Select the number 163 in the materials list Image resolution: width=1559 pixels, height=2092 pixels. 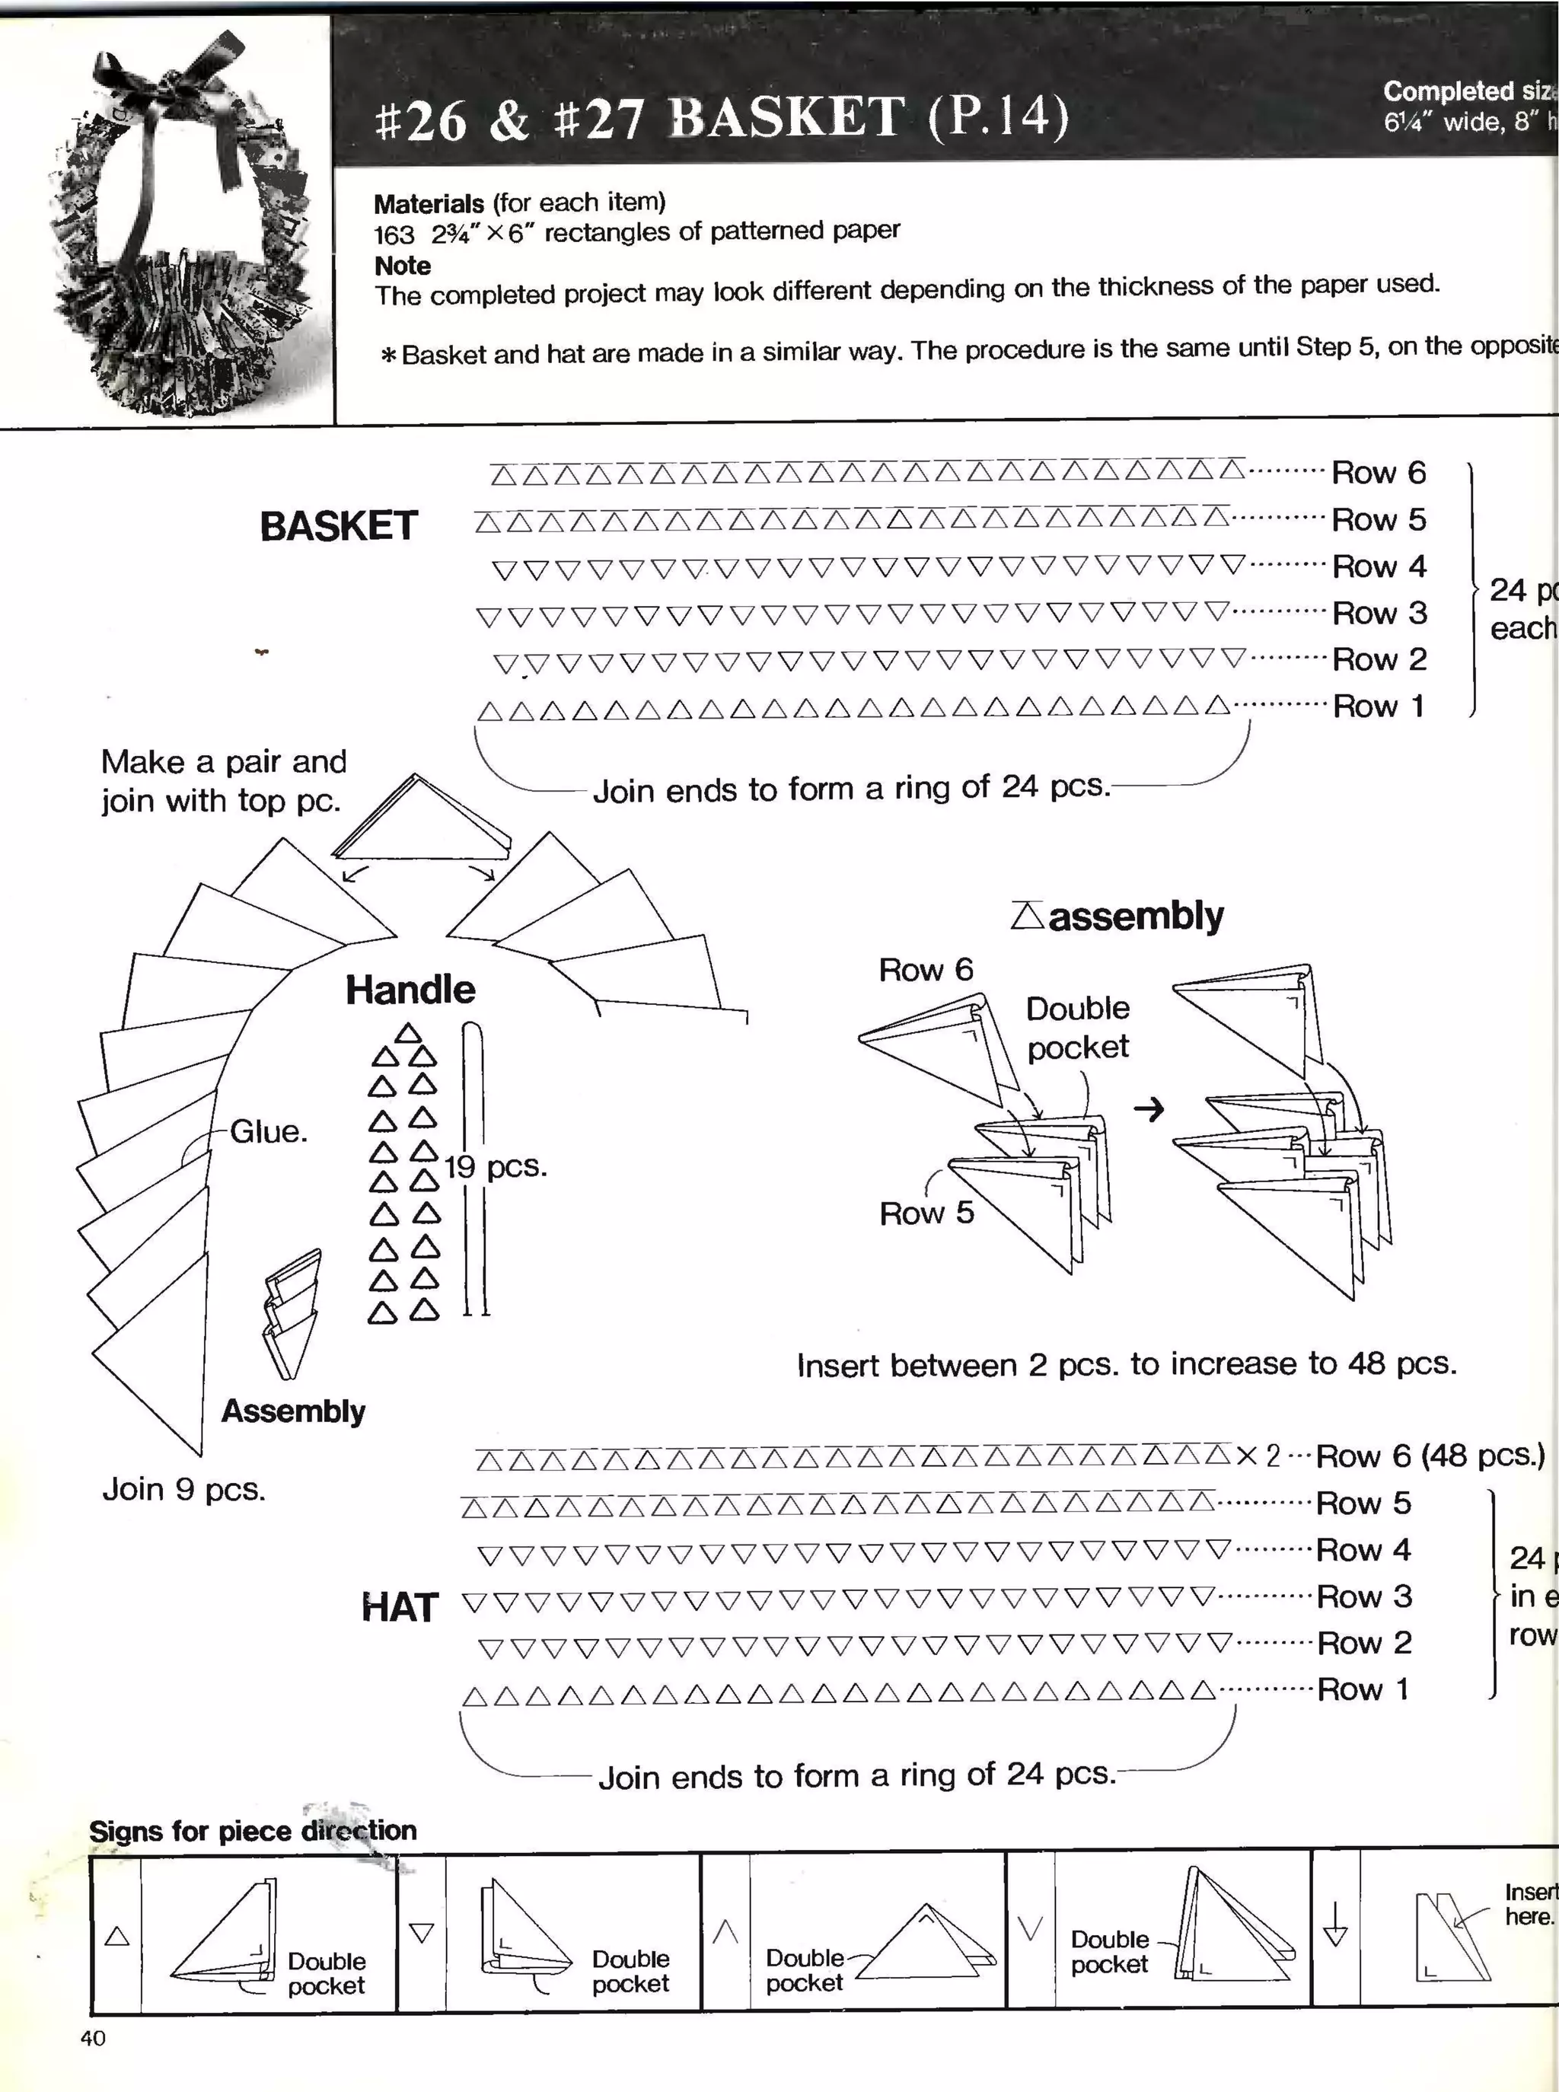[394, 235]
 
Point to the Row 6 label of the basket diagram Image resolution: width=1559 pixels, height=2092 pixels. [1378, 473]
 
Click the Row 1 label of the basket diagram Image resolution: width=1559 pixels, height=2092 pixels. [1377, 706]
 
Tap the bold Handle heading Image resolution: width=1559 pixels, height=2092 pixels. [410, 990]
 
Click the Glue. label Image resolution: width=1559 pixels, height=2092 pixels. [269, 1131]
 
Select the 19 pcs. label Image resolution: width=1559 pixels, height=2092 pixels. [496, 1167]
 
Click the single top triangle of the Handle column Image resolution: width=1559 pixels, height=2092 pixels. [408, 1033]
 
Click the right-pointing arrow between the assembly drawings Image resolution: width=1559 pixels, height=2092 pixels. [1149, 1110]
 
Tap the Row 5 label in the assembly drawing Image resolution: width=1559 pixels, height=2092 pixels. [926, 1213]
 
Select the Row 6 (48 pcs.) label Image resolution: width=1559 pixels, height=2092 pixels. [1430, 1456]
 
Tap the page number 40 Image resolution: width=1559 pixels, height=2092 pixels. [92, 2038]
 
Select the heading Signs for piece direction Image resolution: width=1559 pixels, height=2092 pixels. [252, 1831]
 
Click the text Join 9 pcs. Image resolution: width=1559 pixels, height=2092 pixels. [184, 1489]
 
